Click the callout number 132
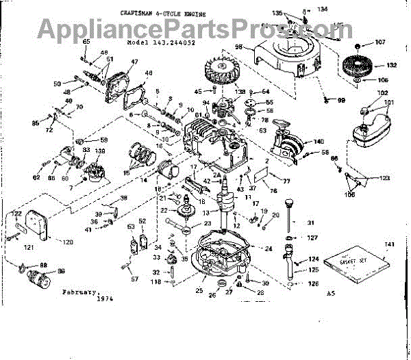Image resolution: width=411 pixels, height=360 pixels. [x=391, y=66]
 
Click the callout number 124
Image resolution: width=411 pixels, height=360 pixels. [x=313, y=259]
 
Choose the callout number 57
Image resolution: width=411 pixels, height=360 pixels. [x=134, y=279]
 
